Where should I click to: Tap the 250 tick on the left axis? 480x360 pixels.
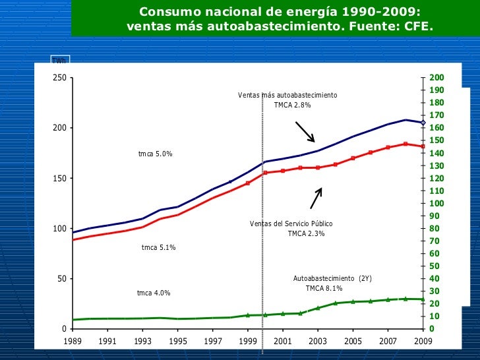pos(59,78)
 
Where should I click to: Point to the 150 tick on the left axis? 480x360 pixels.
pos(59,178)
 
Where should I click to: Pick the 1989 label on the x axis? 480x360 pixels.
pos(73,342)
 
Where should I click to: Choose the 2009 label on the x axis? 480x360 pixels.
pos(423,342)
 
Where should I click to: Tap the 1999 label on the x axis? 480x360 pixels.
pos(248,342)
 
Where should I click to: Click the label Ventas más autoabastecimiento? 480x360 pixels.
pos(287,96)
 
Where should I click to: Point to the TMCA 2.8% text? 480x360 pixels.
pos(292,105)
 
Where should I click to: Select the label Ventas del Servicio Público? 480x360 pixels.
pos(291,224)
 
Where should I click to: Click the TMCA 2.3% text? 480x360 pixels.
pos(306,234)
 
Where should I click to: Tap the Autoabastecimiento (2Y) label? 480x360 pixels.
pos(332,279)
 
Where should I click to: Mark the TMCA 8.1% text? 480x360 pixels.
pos(324,289)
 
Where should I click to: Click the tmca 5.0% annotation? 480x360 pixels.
pos(155,154)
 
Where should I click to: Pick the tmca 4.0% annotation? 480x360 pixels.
pos(153,293)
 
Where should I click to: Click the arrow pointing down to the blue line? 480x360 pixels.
pos(305,132)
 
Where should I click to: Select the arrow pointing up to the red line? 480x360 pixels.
pos(316,198)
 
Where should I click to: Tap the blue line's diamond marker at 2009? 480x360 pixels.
pos(423,122)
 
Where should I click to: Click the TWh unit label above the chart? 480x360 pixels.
pos(59,61)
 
